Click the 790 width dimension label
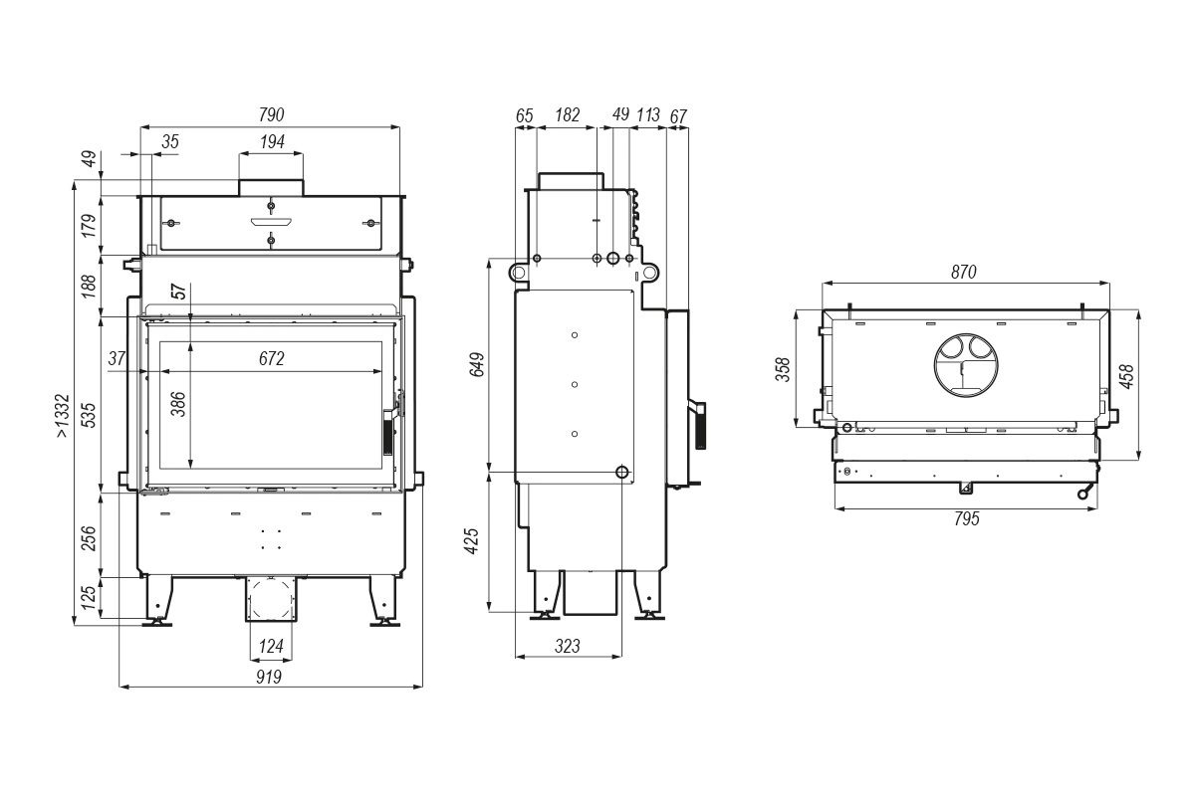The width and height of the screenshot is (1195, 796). coord(271,114)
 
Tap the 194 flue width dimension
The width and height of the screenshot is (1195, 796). coord(272,142)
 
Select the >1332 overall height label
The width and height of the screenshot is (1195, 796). coord(63,416)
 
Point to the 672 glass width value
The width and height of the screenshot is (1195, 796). coord(272,358)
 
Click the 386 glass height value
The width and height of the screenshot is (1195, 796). coord(177,404)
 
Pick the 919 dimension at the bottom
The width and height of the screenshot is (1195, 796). coord(268,677)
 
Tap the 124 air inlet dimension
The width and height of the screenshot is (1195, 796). coord(271,646)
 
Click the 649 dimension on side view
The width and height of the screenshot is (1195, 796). coord(477,365)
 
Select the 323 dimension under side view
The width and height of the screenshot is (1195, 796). coord(567,646)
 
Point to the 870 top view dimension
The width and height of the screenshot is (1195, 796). coord(964,272)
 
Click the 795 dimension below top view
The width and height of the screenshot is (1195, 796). coord(967,518)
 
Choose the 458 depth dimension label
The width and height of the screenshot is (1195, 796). coord(1126,376)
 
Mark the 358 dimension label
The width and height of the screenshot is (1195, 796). coord(783,369)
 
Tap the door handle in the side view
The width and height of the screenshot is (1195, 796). coord(699,425)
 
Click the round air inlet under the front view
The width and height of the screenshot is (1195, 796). coord(271,600)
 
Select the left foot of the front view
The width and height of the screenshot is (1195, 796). coord(158,600)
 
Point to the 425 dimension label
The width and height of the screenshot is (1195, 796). coord(472,541)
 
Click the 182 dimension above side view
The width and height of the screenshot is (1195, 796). coord(567,114)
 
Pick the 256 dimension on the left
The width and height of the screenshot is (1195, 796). coord(89,538)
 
